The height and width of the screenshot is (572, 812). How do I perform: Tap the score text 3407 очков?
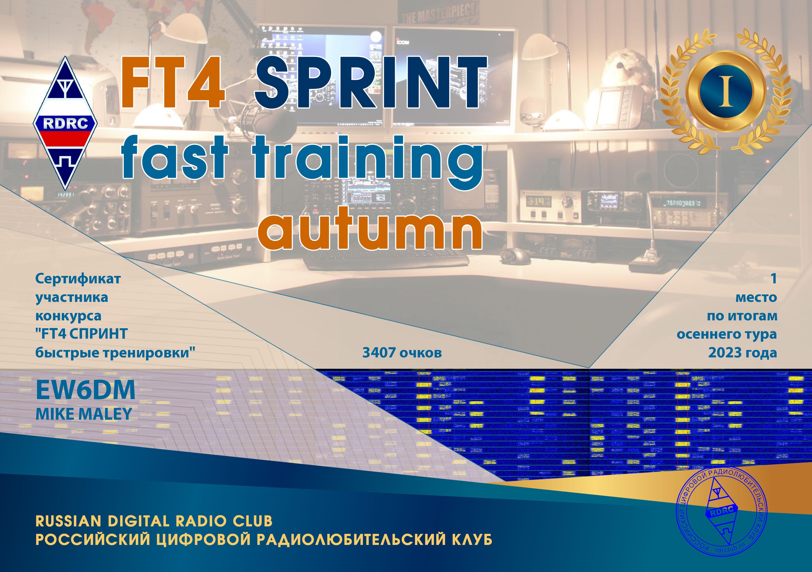click(402, 353)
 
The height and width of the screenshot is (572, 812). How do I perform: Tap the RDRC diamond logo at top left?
click(66, 123)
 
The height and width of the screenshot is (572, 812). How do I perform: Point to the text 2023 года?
click(742, 353)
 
